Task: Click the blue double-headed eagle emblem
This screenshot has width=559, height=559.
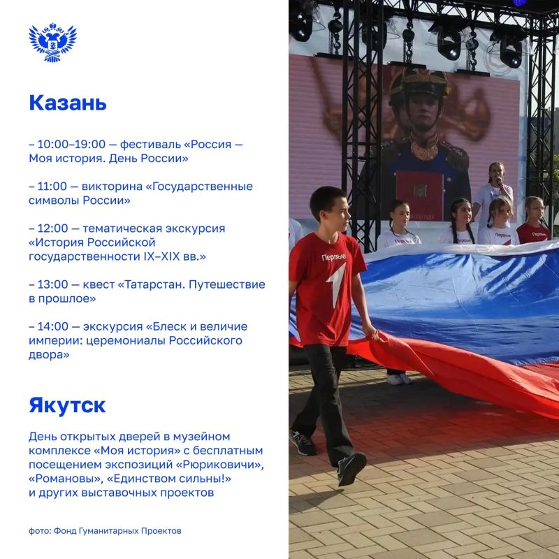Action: (x=52, y=43)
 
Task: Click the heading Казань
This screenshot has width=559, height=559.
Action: (x=68, y=103)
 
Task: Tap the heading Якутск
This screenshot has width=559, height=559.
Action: (x=67, y=406)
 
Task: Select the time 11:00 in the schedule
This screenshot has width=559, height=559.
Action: (x=52, y=186)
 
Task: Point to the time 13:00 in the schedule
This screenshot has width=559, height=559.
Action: (x=52, y=284)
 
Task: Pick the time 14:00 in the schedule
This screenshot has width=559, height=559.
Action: (x=53, y=326)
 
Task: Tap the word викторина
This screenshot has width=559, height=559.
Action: (x=112, y=187)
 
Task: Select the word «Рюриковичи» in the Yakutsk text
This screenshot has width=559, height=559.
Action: (x=220, y=465)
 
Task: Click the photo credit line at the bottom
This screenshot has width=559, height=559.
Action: (x=105, y=531)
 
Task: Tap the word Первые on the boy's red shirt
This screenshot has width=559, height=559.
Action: (x=334, y=257)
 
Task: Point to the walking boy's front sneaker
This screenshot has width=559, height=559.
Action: (x=351, y=468)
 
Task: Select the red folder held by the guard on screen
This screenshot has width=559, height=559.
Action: (x=419, y=196)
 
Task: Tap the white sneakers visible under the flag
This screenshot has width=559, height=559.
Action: (x=399, y=379)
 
